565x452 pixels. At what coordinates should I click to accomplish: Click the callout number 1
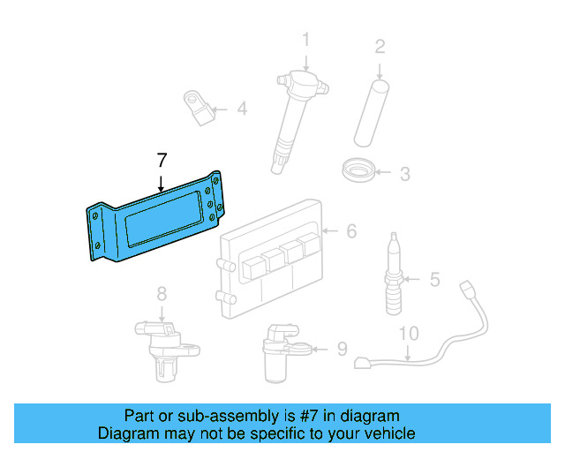tap(305, 40)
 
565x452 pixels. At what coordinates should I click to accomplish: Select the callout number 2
tap(380, 46)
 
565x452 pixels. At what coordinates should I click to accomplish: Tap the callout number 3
tap(404, 174)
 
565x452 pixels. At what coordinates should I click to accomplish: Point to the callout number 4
tap(241, 109)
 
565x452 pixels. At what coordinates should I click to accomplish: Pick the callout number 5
tap(434, 280)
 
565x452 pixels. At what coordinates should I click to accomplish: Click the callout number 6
tap(350, 231)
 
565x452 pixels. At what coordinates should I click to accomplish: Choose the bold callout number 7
tap(161, 161)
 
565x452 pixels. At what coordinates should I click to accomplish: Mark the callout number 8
tap(162, 293)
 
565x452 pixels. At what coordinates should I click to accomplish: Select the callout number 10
tap(408, 334)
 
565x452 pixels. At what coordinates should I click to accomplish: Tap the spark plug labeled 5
tap(394, 274)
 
